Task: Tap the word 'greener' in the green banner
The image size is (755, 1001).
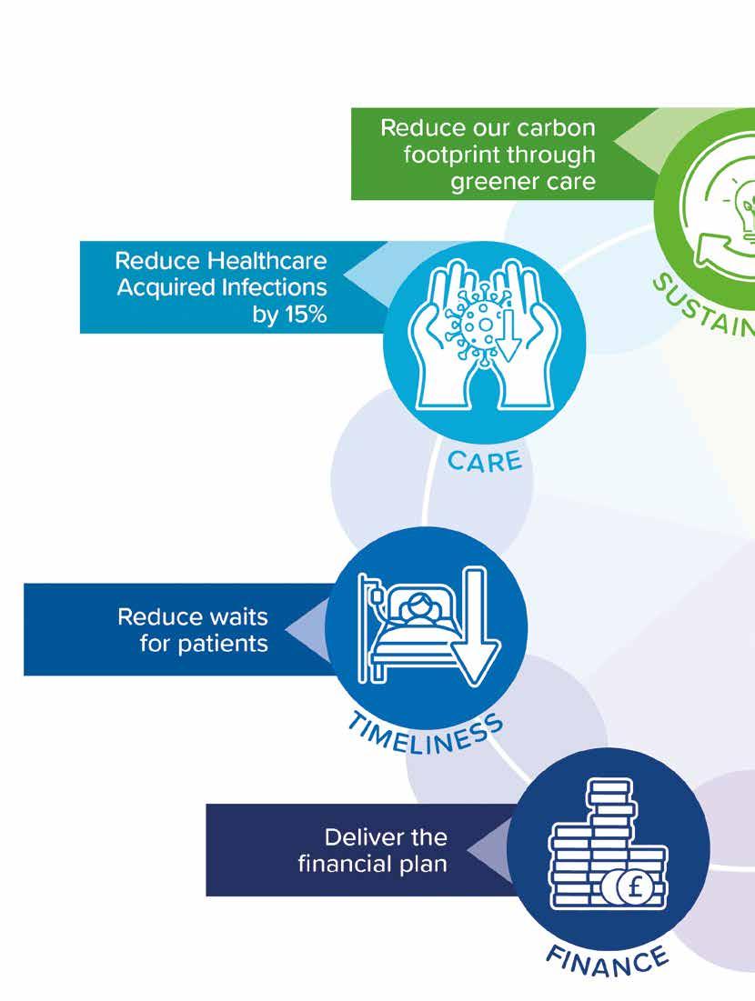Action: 492,181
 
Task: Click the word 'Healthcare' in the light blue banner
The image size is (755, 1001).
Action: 266,262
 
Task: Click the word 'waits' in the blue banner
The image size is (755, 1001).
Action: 236,617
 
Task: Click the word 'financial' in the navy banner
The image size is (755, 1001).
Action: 342,863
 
